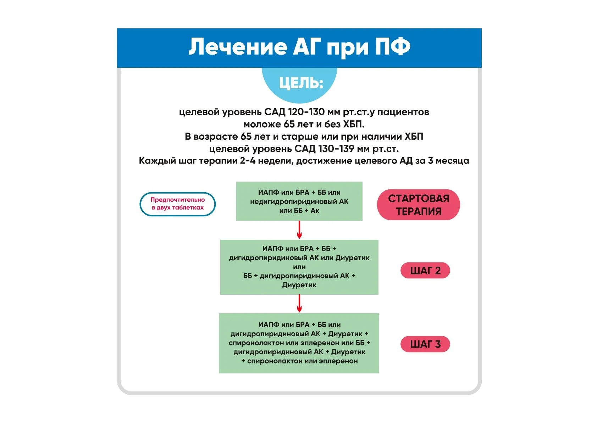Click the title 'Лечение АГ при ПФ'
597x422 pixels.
tap(299, 47)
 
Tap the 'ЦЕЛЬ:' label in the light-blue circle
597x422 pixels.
tap(301, 83)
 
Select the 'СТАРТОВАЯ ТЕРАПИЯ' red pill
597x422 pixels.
tap(418, 205)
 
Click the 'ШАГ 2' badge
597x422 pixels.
tap(425, 271)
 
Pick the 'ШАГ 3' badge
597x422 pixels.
tap(425, 344)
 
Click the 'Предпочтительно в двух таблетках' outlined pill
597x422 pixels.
tap(177, 204)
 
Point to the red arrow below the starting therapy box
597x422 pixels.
tap(299, 230)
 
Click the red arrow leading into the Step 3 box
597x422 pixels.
tap(299, 304)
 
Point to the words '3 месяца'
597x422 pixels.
tap(448, 161)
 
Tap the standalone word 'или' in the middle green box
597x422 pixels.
tap(299, 267)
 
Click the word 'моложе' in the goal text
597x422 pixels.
tap(262, 124)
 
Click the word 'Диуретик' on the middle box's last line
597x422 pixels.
tap(299, 285)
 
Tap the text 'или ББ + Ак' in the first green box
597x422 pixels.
tap(299, 211)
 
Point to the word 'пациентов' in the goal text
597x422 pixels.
tap(403, 112)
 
